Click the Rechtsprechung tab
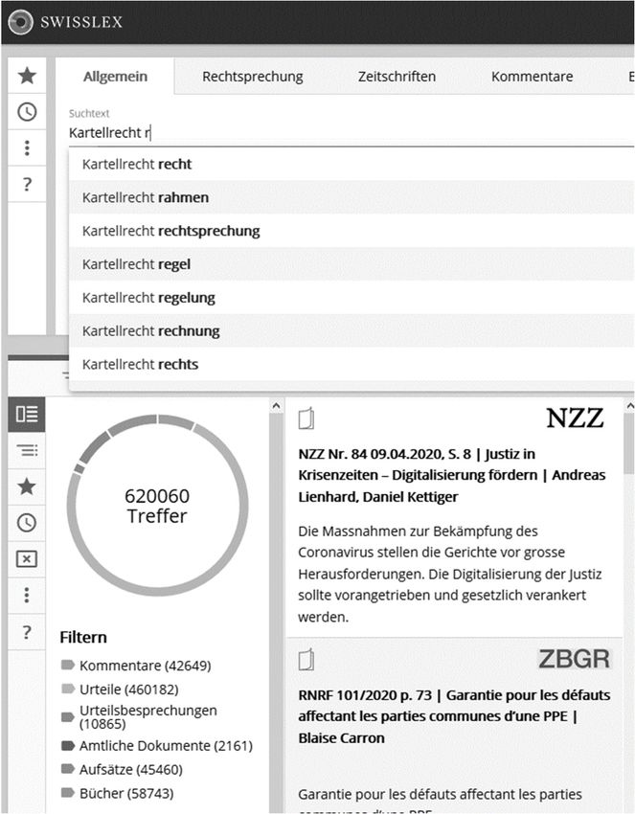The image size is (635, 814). click(252, 77)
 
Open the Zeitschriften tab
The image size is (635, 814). click(397, 77)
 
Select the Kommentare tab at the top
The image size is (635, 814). click(532, 77)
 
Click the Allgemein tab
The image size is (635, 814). click(115, 77)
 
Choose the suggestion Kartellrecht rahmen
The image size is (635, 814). click(146, 197)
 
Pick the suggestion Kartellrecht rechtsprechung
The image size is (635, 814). click(170, 231)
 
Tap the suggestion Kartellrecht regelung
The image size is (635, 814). click(148, 298)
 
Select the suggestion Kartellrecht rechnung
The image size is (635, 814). click(150, 331)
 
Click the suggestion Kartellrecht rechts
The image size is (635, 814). click(140, 365)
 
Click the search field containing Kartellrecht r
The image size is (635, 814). click(287, 133)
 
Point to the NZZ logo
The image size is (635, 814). click(575, 418)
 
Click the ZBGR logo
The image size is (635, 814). click(574, 659)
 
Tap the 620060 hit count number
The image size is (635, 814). click(157, 496)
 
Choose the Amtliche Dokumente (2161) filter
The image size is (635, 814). click(166, 746)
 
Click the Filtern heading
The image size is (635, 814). click(83, 637)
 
